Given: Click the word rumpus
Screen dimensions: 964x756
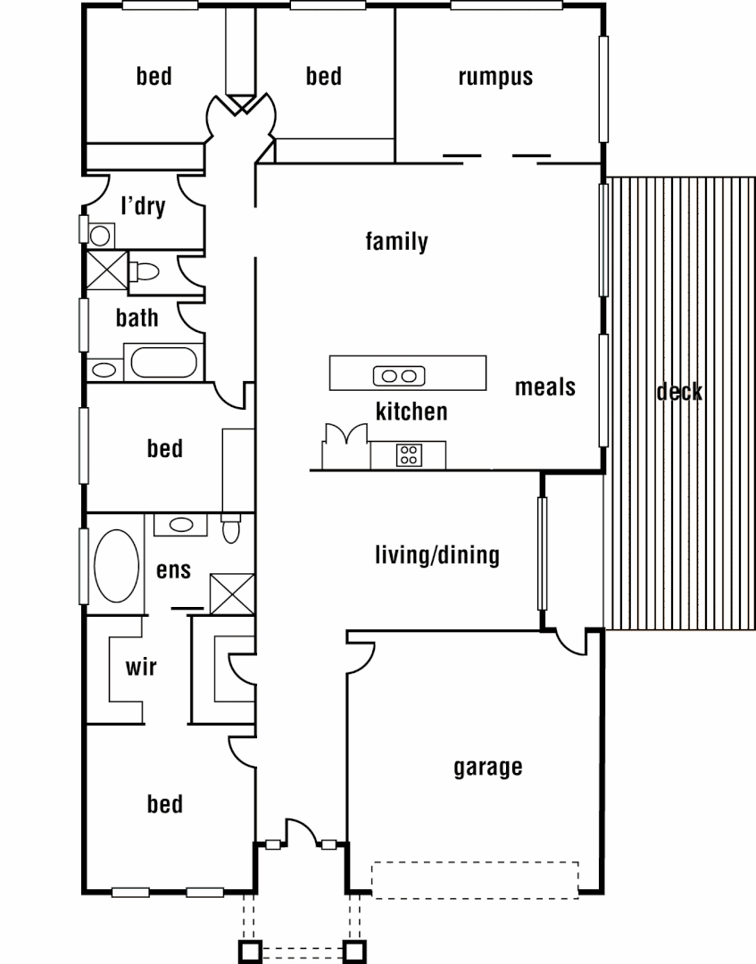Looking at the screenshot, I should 495,77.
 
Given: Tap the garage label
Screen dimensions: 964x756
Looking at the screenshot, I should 487,767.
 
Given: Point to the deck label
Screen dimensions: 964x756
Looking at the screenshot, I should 678,391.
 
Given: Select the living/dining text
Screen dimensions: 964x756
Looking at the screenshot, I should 436,555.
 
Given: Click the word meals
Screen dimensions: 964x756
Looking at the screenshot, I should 544,387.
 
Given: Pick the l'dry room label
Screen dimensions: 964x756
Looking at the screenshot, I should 143,207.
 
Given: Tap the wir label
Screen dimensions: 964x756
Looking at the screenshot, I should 141,666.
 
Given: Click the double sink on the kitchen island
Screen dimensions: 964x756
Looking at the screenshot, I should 398,376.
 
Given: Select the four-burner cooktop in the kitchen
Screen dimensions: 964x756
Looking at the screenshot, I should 409,454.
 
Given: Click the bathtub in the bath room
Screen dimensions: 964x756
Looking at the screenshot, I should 166,363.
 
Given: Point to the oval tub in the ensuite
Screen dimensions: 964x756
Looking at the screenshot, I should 116,566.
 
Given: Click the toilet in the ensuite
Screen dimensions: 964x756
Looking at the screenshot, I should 230,528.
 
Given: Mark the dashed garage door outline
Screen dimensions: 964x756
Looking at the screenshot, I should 475,879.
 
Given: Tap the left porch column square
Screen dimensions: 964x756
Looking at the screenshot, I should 249,950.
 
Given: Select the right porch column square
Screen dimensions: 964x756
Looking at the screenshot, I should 355,950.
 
